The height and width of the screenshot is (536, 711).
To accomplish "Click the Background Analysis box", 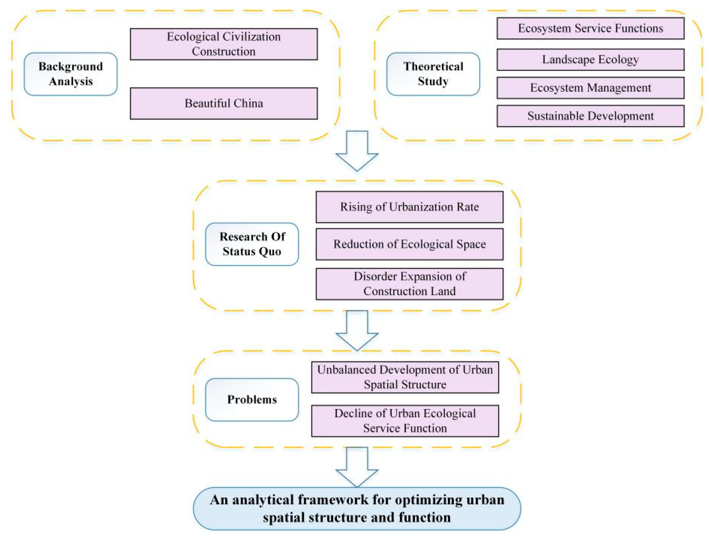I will coord(71,74).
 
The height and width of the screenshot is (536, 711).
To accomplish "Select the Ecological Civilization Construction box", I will coord(224,44).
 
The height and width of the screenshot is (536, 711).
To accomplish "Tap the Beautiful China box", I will coord(224,103).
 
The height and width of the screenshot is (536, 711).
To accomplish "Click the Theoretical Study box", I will coord(433,74).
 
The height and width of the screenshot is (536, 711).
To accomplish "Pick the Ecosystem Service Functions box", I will coord(590,28).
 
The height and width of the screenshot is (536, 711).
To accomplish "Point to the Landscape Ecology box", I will coord(590,60).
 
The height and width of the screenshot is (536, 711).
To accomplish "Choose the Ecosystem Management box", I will coord(590,88).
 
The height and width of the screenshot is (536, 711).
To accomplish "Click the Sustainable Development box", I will coord(590,116).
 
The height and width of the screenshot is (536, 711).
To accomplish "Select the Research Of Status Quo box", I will coord(252,244).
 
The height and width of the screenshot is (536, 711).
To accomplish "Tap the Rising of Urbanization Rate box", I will coord(409,207).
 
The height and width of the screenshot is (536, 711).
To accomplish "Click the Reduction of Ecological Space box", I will coord(409,244).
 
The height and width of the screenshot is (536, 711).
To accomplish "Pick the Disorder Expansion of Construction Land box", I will coord(409,284).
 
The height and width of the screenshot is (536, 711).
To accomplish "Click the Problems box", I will coord(252,400).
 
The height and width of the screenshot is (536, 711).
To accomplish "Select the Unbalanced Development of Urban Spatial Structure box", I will coord(405,377).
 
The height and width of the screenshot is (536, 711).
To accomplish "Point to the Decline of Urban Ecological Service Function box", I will coord(405,421).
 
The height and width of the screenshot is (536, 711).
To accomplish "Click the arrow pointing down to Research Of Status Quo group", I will coord(357,151).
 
